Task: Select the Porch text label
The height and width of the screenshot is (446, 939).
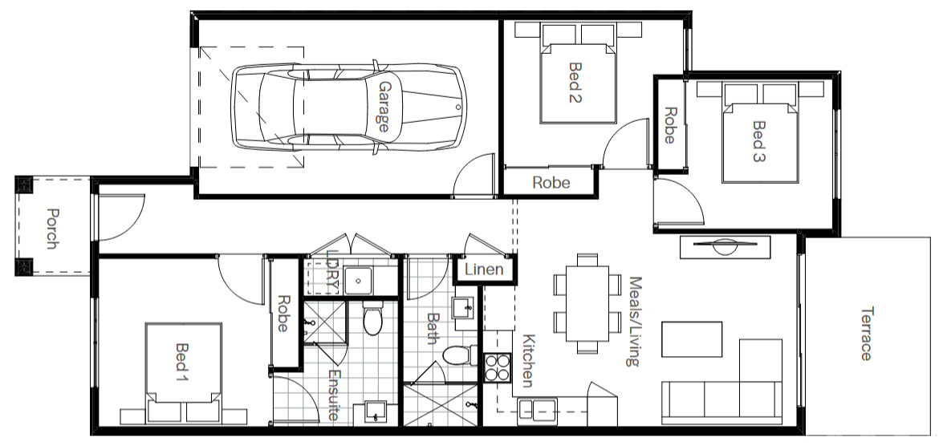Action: [53, 229]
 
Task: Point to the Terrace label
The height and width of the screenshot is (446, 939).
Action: [865, 334]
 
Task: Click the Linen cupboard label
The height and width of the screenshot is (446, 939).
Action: [484, 270]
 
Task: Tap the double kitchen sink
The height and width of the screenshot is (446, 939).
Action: [537, 409]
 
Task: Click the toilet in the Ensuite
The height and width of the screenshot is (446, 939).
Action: [373, 320]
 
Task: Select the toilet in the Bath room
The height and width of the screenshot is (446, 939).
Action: [460, 355]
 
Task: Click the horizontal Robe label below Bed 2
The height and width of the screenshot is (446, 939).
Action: [551, 183]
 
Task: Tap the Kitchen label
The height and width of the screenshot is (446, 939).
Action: [528, 359]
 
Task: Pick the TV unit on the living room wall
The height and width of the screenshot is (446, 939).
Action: [726, 247]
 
